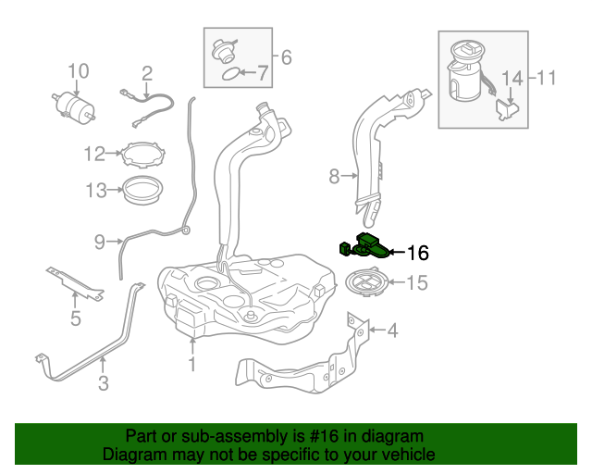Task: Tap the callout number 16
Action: [x=418, y=252]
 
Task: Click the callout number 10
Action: [x=78, y=71]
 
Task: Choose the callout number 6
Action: [x=286, y=58]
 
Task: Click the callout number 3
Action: [x=104, y=381]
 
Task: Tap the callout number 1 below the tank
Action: [x=192, y=364]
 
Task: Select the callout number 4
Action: [x=392, y=329]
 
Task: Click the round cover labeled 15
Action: [x=367, y=281]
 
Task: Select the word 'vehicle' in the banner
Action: [x=405, y=455]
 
